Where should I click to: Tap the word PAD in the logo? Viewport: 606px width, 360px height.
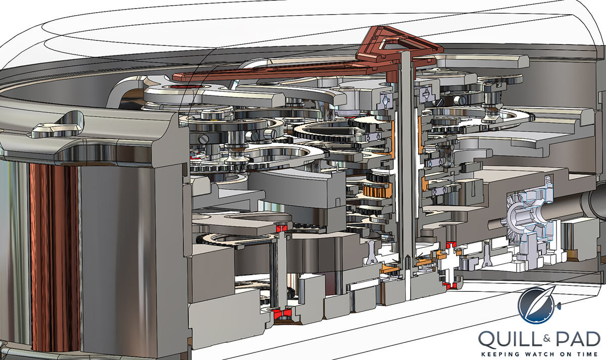click(578, 340)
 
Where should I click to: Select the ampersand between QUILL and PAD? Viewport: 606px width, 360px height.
click(547, 338)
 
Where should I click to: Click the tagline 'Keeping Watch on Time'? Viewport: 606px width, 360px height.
click(540, 354)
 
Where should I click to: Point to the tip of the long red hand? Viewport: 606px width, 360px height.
click(174, 76)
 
